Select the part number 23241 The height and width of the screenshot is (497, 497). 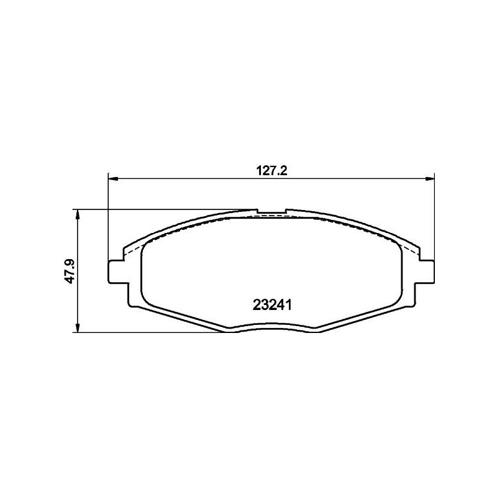[x=273, y=305]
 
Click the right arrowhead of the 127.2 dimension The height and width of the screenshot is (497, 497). [x=429, y=179]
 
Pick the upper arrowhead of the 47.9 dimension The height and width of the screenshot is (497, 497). [x=77, y=214]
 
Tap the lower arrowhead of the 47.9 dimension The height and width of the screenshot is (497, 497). [x=77, y=327]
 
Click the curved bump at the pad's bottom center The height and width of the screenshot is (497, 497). [x=271, y=329]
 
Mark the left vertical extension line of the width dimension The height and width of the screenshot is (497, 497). [x=109, y=217]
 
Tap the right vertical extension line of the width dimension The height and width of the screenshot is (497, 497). [x=434, y=217]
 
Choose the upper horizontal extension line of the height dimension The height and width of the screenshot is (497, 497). [x=162, y=209]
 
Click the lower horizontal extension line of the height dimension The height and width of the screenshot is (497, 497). [x=149, y=332]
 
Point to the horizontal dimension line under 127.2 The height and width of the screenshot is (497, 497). [x=186, y=179]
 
